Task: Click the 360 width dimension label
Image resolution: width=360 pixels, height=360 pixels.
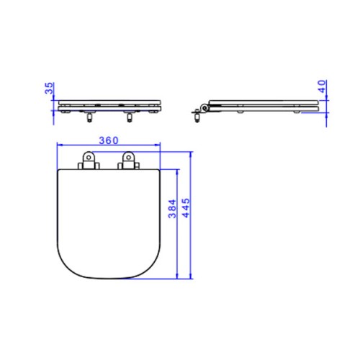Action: tap(109, 140)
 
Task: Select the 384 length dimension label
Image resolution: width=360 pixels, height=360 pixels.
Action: tap(172, 209)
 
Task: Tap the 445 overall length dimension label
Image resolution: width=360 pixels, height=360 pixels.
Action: tap(186, 208)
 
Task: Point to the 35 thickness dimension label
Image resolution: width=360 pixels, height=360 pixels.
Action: tap(50, 88)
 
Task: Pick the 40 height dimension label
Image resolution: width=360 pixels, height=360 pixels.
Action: tap(323, 86)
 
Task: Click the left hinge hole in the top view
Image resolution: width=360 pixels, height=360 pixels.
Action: tap(89, 157)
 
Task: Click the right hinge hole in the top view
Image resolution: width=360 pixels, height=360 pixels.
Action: tap(128, 157)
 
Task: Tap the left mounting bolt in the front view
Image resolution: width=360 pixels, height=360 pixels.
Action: tap(89, 117)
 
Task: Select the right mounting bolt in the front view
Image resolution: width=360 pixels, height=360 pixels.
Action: tap(130, 117)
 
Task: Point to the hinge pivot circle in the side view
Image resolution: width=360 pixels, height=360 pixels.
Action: tap(204, 108)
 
